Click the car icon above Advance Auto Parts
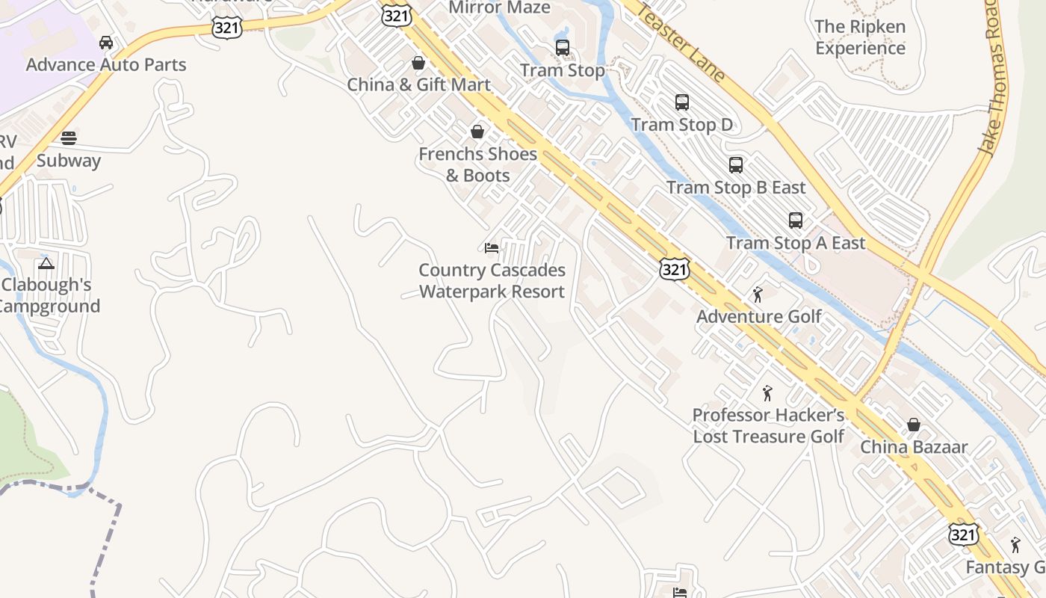106,43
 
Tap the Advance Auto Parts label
106,64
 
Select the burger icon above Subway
69,138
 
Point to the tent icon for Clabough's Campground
46,262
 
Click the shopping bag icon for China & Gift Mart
418,63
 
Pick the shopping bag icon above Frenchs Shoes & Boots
477,132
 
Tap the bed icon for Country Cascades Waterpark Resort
492,248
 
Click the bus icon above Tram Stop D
681,102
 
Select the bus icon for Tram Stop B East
736,165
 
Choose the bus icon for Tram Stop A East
796,221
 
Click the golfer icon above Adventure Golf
758,295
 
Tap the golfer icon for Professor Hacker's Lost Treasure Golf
767,393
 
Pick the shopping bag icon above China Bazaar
913,425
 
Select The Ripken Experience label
860,37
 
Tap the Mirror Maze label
499,8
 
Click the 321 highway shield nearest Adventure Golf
674,269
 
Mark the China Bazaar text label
914,447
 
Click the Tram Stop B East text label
736,187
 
